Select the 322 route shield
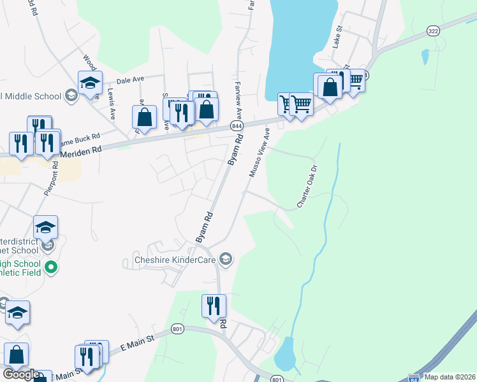coord(434,31)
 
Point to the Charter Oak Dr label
coord(307,187)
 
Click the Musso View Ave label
coord(258,153)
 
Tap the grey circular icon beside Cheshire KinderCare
coord(225,259)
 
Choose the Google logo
coord(20,374)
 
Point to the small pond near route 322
coord(425,56)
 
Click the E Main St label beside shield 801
coord(138,343)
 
